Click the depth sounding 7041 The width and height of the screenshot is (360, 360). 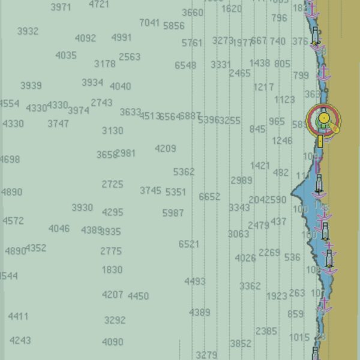149,23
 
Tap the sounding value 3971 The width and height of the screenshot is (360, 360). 61,7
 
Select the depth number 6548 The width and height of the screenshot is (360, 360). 185,65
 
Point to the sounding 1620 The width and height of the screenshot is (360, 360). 232,9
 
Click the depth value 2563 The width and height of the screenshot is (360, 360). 130,57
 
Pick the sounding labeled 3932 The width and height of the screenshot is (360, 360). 28,31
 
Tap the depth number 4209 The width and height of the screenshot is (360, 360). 166,148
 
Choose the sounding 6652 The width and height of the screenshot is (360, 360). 209,196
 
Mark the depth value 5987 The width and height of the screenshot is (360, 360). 173,213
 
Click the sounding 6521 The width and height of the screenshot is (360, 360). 189,244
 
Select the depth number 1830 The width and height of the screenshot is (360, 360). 112,270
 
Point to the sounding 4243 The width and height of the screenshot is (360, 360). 20,340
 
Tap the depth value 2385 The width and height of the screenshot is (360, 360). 266,331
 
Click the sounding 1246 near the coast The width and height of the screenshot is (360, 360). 282,141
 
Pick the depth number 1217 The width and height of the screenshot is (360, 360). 263,87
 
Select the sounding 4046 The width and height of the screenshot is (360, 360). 59,229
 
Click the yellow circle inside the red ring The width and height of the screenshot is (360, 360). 323,119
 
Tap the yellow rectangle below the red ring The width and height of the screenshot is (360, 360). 320,141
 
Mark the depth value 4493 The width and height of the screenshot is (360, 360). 195,281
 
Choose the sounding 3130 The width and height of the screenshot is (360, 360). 112,130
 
